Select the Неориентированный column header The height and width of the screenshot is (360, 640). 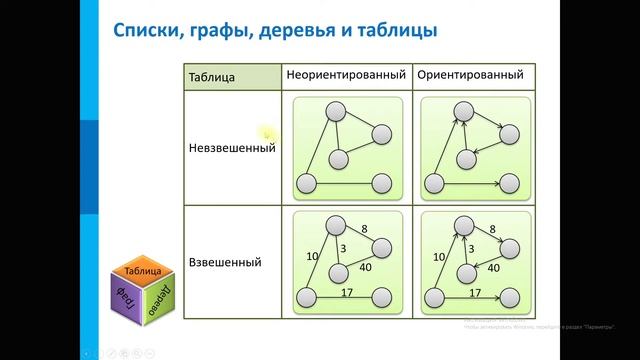(x=345, y=75)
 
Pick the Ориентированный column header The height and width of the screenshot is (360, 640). (x=469, y=75)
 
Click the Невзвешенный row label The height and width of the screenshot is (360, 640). (x=231, y=148)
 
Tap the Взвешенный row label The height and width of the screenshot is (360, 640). (x=225, y=262)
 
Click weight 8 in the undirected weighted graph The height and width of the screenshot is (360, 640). (x=364, y=229)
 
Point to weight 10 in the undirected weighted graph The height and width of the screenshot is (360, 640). (x=312, y=256)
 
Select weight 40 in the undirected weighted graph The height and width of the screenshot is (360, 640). (x=365, y=267)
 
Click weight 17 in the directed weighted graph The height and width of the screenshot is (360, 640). (x=475, y=292)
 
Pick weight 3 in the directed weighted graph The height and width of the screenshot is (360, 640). (x=472, y=249)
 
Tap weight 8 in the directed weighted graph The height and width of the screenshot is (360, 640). (x=492, y=229)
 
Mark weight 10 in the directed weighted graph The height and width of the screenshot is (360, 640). (x=440, y=256)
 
